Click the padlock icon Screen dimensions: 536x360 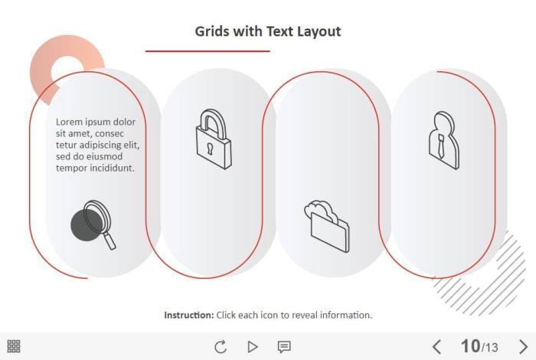(214, 139)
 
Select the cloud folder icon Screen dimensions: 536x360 (327, 226)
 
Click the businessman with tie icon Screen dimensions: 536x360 (443, 140)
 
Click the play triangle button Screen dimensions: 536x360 (252, 347)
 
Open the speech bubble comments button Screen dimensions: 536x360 (284, 347)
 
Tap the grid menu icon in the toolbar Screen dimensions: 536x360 (14, 346)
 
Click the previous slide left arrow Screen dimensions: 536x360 (436, 346)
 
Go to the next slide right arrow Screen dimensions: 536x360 (523, 346)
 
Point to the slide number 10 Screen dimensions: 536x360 (470, 346)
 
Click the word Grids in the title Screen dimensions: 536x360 (212, 31)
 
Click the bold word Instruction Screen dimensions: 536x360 (189, 315)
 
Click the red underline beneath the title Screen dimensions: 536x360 (208, 51)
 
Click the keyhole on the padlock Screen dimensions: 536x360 (210, 148)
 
